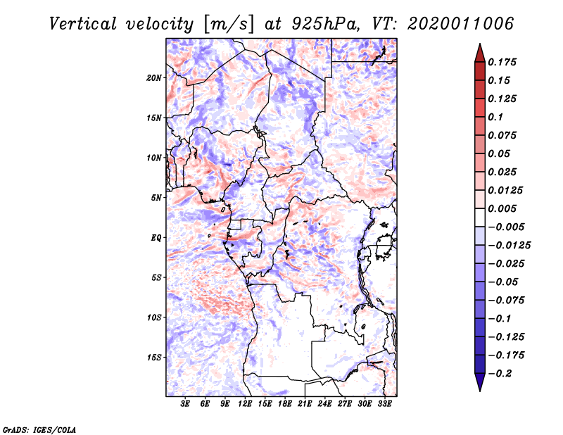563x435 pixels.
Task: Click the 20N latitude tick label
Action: tap(154, 77)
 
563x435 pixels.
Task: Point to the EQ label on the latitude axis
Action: tap(156, 238)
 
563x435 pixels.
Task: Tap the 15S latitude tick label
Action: tap(154, 358)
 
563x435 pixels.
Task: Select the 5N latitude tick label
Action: tap(156, 198)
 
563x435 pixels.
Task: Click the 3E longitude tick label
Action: tap(186, 403)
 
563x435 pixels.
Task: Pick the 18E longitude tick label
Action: tap(285, 403)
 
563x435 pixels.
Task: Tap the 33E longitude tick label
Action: tap(384, 403)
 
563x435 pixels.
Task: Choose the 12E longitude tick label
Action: tap(246, 403)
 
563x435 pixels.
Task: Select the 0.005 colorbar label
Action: tap(504, 208)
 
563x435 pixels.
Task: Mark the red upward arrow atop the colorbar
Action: tap(479, 52)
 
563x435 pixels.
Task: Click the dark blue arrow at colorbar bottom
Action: tap(479, 382)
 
